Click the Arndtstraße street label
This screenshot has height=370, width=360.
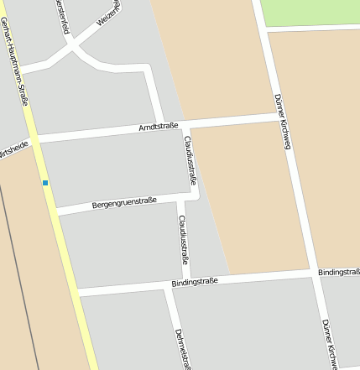159,128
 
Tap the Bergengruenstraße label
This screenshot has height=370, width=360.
124,202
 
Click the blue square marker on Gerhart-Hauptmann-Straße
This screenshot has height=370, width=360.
45,183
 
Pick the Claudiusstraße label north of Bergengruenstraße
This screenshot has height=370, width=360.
190,160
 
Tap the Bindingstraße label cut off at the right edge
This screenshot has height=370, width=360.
339,273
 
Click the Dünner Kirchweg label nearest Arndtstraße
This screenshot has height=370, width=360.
282,120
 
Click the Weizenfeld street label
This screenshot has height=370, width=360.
108,13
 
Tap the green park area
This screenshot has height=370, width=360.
309,12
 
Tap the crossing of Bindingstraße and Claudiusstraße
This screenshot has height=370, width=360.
185,284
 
